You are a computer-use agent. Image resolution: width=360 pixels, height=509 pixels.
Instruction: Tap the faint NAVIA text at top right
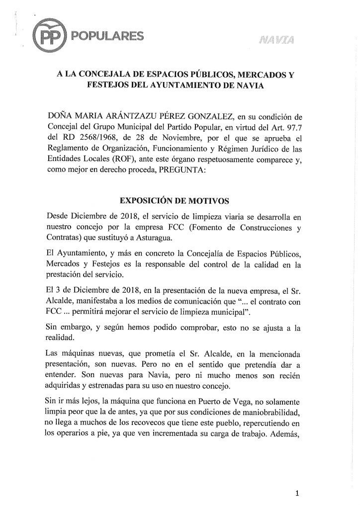276,40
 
